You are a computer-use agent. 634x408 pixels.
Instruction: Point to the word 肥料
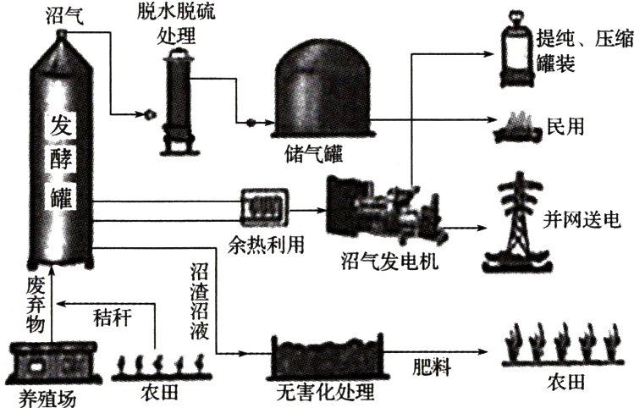(x=431, y=371)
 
